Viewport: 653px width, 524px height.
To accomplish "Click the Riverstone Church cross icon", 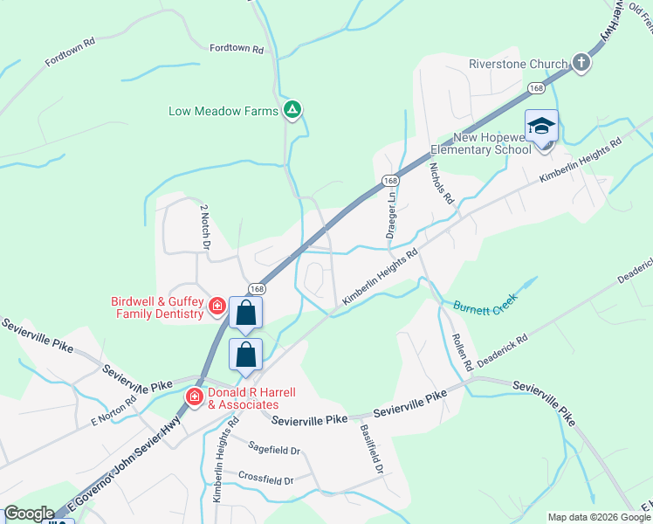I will tap(582, 63).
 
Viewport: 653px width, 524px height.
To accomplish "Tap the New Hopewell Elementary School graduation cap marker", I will tap(541, 127).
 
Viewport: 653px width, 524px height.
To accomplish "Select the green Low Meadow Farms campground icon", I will tap(293, 110).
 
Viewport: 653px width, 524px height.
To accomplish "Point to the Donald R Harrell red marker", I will tap(194, 397).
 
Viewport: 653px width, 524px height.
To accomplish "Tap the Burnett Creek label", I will tap(485, 302).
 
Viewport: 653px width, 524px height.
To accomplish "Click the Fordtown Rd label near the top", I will tap(236, 50).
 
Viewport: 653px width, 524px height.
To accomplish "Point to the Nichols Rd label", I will tap(443, 184).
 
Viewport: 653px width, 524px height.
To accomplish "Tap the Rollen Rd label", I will tap(462, 349).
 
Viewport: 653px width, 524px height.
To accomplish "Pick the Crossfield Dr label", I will tap(268, 479).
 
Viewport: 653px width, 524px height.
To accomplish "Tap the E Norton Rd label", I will tap(113, 412).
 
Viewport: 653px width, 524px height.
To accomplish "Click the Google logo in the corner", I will tap(29, 514).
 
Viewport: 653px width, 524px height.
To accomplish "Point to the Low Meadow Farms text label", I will tap(223, 111).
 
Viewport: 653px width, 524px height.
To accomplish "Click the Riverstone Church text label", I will tap(530, 64).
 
